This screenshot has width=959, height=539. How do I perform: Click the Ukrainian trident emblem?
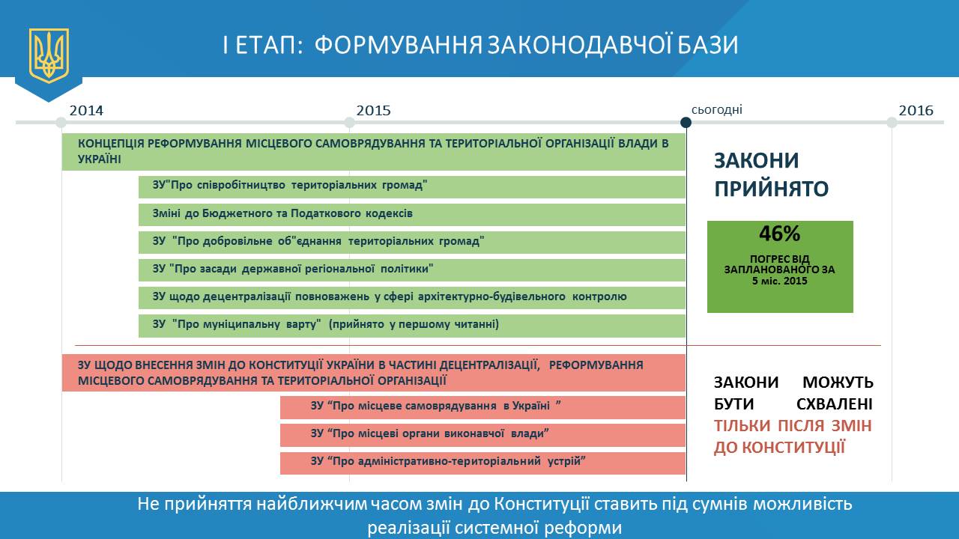[x=49, y=55]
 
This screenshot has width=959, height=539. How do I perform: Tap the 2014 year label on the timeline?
[x=86, y=110]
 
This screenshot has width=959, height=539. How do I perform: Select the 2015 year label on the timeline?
[x=373, y=110]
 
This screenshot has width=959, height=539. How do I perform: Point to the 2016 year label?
[x=916, y=110]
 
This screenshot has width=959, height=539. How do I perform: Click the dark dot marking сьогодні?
[x=686, y=123]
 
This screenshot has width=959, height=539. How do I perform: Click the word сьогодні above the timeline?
[x=717, y=110]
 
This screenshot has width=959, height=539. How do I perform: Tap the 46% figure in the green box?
[x=780, y=234]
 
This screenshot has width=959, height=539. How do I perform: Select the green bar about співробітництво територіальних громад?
[x=412, y=187]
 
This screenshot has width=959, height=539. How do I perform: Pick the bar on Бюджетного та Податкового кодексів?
[x=412, y=215]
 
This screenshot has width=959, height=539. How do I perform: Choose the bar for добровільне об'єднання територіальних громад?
[x=412, y=243]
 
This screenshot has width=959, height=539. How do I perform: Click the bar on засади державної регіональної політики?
[x=412, y=270]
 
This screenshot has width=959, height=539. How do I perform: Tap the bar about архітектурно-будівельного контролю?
[x=412, y=298]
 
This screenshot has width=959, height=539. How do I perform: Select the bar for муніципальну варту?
[x=412, y=326]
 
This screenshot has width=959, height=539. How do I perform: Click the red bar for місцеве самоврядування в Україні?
[x=483, y=407]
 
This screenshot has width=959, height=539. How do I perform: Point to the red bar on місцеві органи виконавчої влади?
[x=483, y=435]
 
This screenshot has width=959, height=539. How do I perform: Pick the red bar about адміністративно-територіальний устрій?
[x=483, y=463]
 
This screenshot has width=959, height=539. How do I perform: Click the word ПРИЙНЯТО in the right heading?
[x=772, y=189]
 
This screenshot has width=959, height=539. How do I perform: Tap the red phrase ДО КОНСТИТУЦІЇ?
[x=779, y=448]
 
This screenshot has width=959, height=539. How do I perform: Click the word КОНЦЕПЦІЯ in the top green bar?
[x=109, y=143]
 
